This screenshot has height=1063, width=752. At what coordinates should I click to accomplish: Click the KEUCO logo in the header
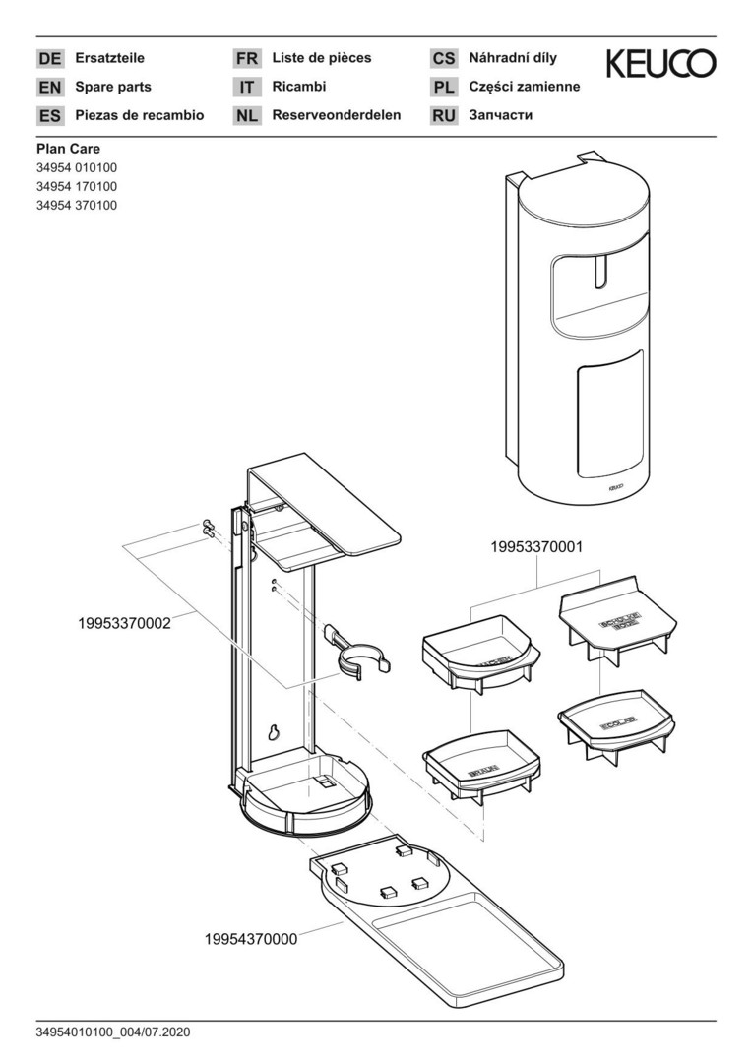click(660, 64)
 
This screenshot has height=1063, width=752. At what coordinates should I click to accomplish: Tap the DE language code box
click(49, 59)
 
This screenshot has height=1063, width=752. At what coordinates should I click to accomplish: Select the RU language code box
click(444, 116)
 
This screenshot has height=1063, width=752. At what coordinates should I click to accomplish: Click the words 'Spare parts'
click(113, 87)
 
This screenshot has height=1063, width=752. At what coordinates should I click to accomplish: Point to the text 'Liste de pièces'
click(322, 58)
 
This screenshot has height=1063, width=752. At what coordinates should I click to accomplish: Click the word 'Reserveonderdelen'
click(337, 115)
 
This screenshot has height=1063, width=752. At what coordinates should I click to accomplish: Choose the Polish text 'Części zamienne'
click(525, 87)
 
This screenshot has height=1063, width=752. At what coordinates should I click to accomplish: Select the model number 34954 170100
click(77, 186)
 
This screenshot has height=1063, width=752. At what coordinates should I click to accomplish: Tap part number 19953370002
click(124, 623)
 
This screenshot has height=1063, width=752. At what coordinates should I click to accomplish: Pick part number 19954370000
click(251, 939)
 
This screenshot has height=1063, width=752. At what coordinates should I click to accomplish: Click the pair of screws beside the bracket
click(209, 528)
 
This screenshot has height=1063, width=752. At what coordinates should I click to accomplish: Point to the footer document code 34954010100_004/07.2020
click(112, 1032)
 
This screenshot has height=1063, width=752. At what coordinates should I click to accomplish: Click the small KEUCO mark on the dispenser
click(612, 485)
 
